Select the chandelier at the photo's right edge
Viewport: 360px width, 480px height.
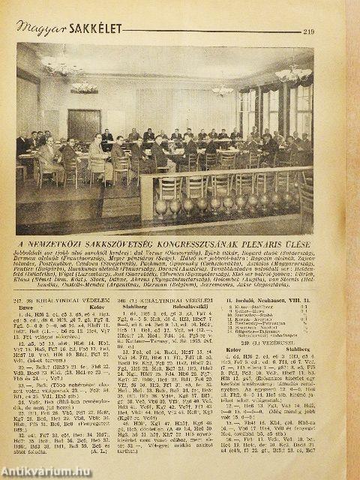point(293,73)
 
